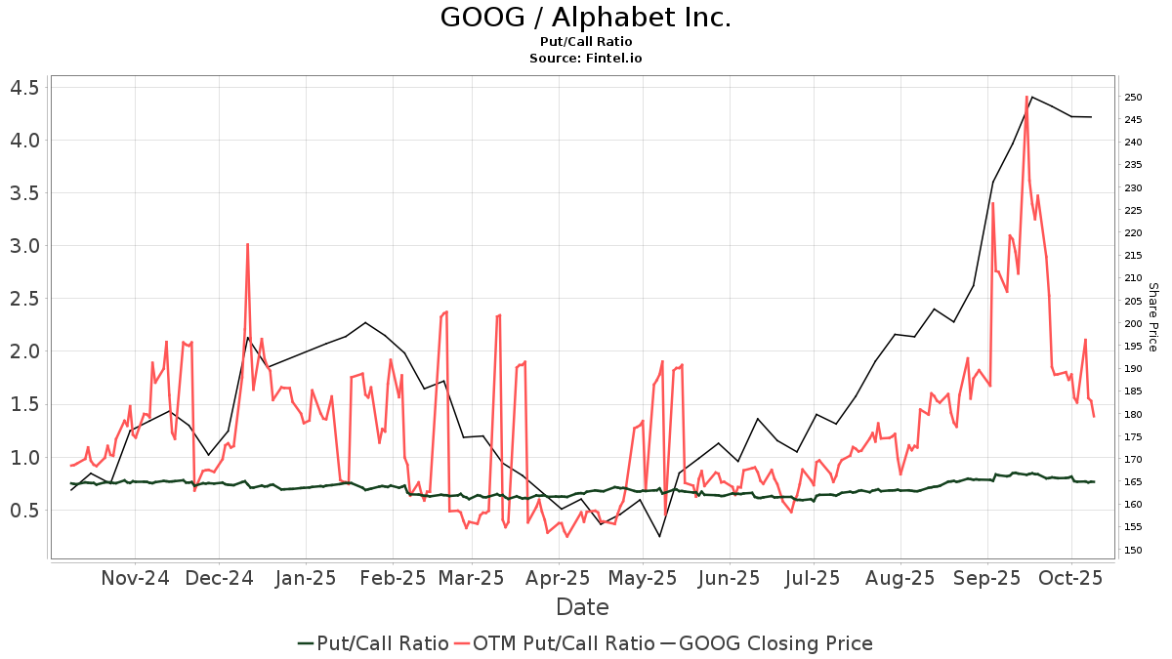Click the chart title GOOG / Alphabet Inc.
[586, 18]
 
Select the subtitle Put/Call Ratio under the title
[586, 42]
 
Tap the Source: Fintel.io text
[586, 59]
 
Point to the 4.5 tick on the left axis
[23, 88]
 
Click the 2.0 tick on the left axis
[23, 351]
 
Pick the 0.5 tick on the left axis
[23, 510]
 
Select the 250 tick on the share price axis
[1133, 98]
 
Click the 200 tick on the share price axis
[1133, 324]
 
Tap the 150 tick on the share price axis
[1133, 551]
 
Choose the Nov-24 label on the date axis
[135, 578]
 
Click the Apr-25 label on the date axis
[560, 578]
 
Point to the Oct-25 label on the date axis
[1070, 578]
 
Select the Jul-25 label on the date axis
[814, 578]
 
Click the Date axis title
[582, 607]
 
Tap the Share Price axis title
[1152, 317]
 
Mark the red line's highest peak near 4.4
[1026, 97]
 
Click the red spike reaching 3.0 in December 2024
[247, 244]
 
